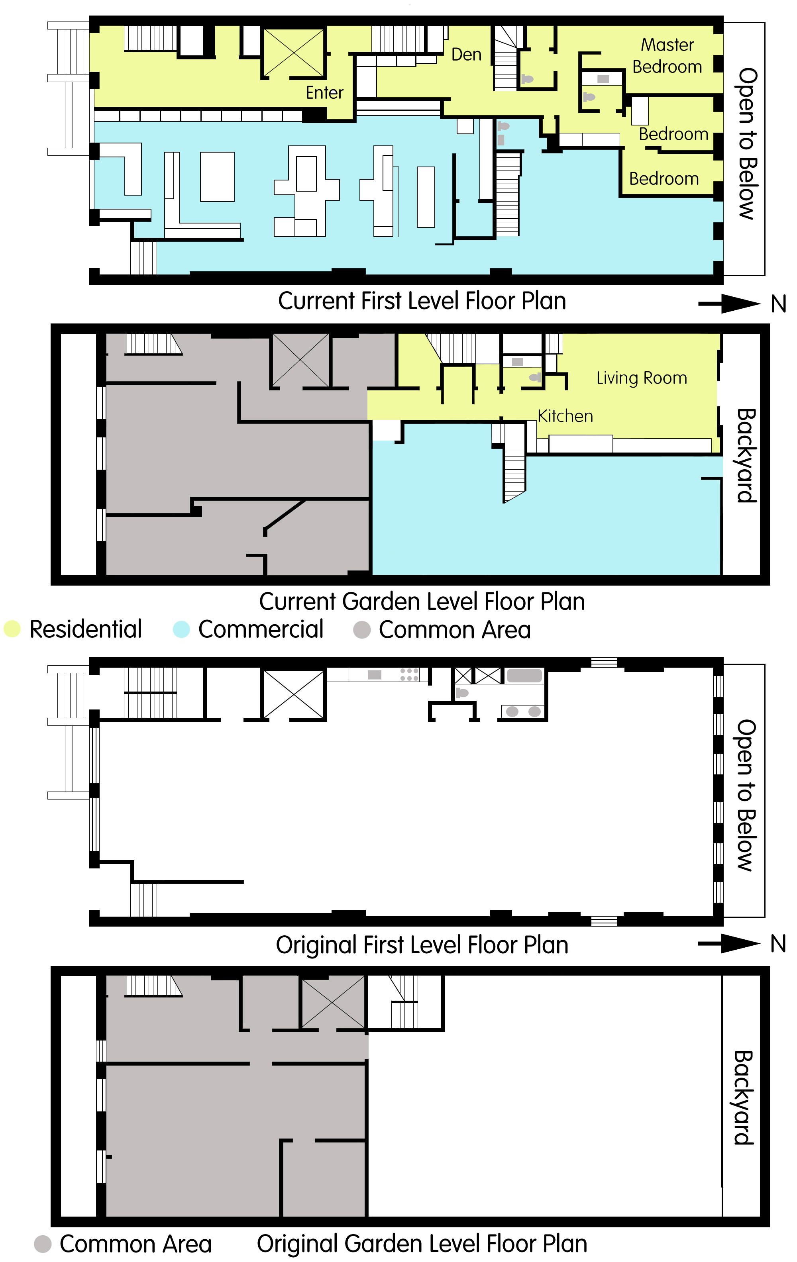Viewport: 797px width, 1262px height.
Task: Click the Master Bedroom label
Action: [x=667, y=55]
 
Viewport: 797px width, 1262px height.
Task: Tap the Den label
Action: [x=466, y=55]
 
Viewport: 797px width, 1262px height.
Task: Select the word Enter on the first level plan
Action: [x=324, y=93]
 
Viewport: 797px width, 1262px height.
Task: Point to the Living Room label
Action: [x=641, y=378]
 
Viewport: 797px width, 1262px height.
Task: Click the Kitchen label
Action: [x=565, y=416]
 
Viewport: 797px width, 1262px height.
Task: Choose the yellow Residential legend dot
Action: [x=12, y=629]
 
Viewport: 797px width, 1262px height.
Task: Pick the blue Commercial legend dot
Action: [x=181, y=629]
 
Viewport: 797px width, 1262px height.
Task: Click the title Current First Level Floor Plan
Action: [x=422, y=301]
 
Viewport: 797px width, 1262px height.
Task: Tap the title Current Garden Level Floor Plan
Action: [x=422, y=602]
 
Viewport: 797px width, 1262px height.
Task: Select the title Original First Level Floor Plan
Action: [x=422, y=945]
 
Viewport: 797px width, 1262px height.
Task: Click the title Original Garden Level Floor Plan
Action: [x=422, y=1244]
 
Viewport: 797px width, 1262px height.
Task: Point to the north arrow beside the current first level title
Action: [x=729, y=304]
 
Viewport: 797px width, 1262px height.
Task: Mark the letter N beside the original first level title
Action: [x=778, y=944]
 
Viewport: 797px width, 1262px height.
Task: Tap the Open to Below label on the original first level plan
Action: [x=746, y=795]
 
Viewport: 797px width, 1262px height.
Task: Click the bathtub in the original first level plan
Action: [x=524, y=676]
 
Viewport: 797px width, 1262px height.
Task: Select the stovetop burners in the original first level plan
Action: [x=409, y=674]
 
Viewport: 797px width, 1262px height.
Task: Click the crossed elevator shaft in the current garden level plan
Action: [x=300, y=360]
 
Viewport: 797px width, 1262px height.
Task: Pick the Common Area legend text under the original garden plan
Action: [x=135, y=1244]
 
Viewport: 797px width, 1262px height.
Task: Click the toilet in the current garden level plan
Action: [x=534, y=377]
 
